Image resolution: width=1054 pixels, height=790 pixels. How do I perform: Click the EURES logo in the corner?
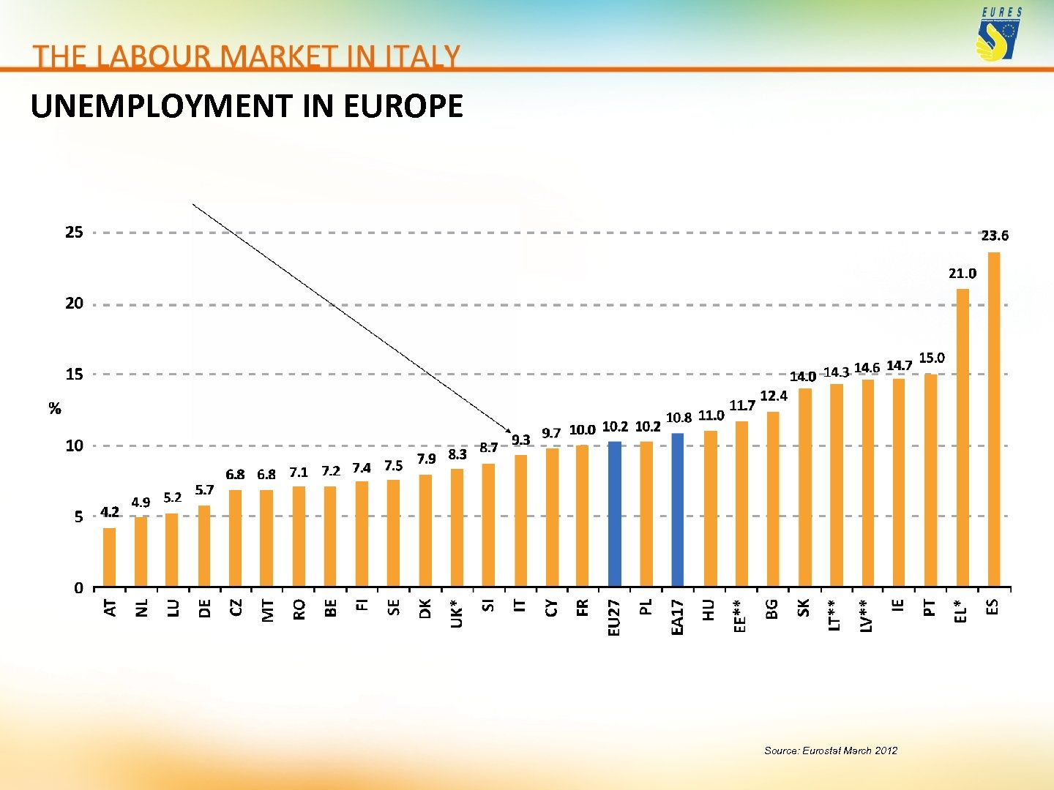(x=999, y=36)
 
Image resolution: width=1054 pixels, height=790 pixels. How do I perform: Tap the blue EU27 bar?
(x=614, y=513)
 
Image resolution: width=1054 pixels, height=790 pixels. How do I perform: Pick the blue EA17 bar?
(x=677, y=510)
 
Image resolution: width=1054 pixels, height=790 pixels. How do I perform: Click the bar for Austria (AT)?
(x=109, y=557)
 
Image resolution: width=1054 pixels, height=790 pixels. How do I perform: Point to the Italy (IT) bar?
(x=520, y=521)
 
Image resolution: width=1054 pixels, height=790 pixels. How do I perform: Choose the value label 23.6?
(x=995, y=236)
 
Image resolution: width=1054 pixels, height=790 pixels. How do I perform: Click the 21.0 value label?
(x=963, y=274)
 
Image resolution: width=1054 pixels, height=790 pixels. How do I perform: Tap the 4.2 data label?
(x=110, y=511)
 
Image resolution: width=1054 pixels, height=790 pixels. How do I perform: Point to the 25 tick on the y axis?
(x=75, y=233)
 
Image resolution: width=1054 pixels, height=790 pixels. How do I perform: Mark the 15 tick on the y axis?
(x=75, y=375)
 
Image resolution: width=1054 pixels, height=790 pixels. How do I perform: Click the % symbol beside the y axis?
(x=55, y=408)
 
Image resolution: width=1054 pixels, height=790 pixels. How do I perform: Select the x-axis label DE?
(x=205, y=608)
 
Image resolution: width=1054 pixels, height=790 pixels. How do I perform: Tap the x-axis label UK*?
(x=457, y=614)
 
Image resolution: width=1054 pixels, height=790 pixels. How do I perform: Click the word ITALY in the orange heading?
(x=422, y=56)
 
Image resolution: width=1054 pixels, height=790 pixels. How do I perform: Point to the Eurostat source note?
(x=830, y=750)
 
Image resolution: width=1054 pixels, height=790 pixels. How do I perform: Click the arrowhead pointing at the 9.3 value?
(x=508, y=428)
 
